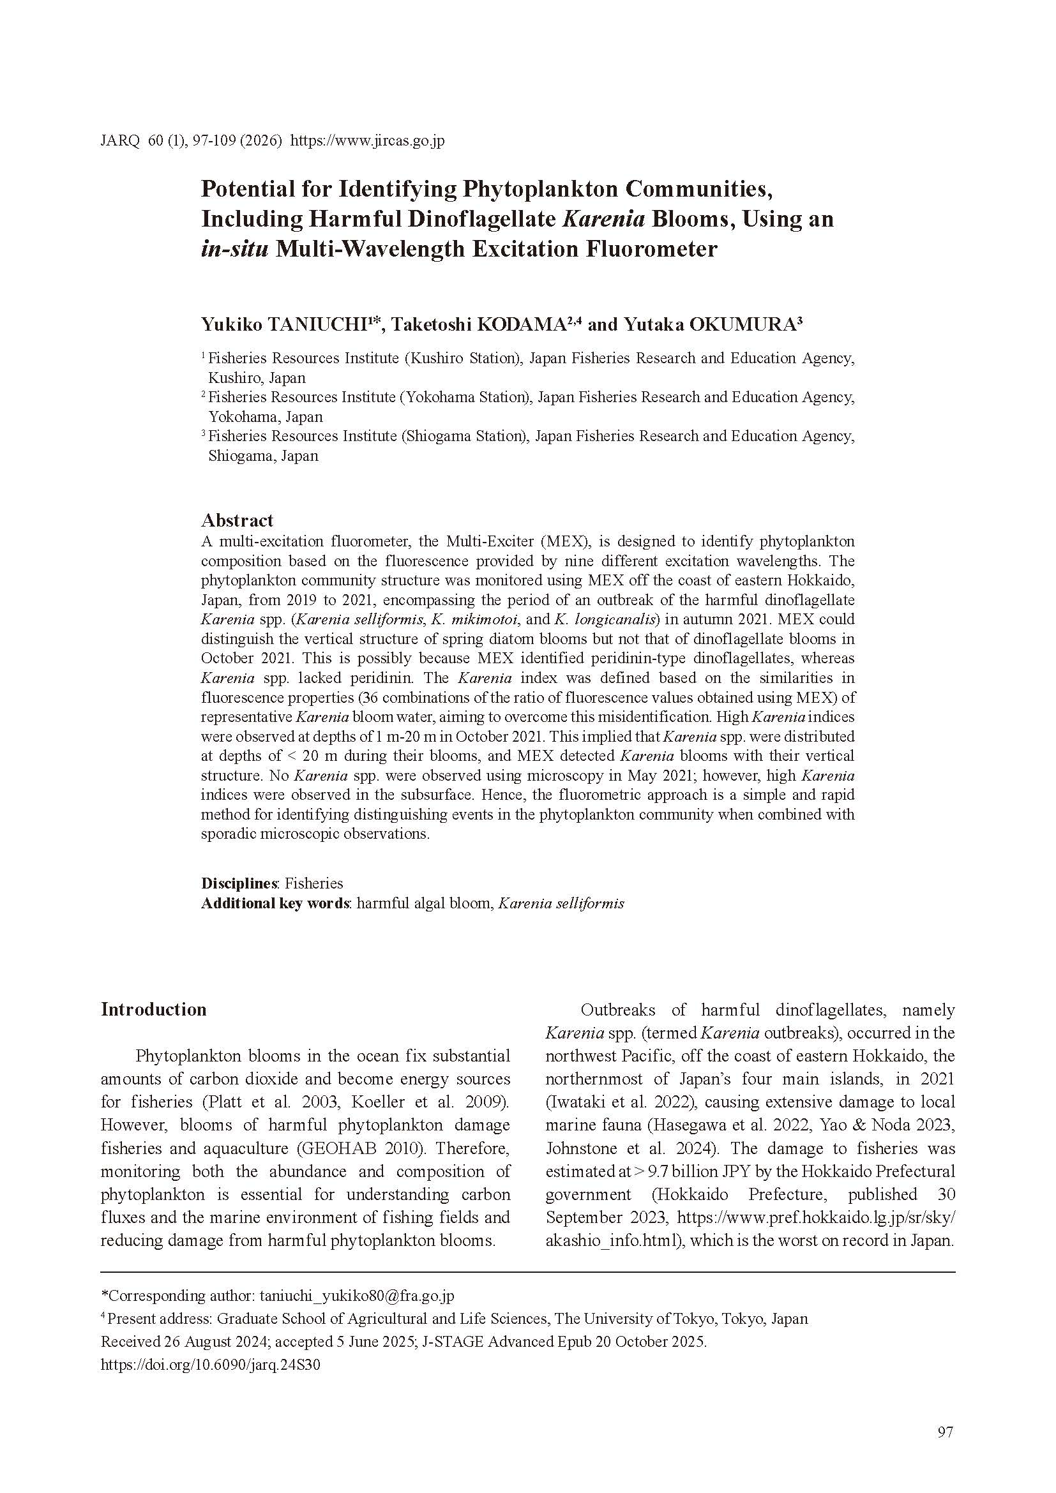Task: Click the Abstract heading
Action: pyautogui.click(x=237, y=520)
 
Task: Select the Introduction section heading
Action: pyautogui.click(x=153, y=1009)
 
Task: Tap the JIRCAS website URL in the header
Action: pyautogui.click(x=366, y=140)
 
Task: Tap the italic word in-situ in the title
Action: pyautogui.click(x=234, y=249)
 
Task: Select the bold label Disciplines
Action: pyautogui.click(x=239, y=883)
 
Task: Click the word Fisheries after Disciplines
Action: pyautogui.click(x=314, y=883)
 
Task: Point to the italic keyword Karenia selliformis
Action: pyautogui.click(x=561, y=903)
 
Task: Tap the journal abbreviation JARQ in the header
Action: pyautogui.click(x=119, y=140)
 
